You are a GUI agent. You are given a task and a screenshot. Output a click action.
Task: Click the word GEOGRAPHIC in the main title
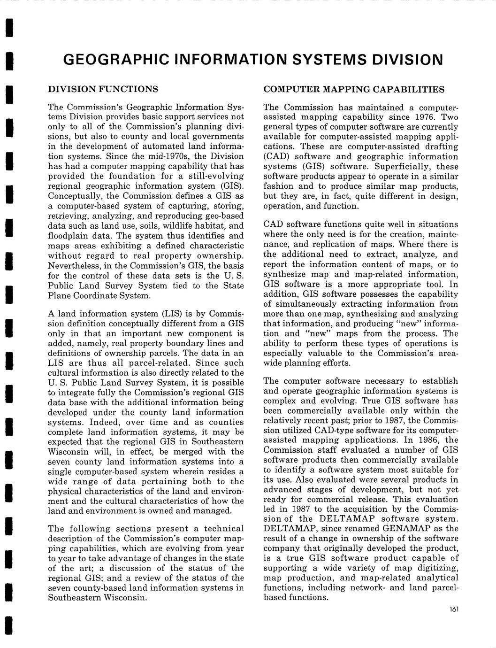pyautogui.click(x=115, y=60)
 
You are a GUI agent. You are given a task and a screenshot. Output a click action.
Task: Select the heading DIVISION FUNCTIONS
pyautogui.click(x=103, y=89)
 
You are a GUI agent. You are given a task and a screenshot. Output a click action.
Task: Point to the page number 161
pyautogui.click(x=453, y=609)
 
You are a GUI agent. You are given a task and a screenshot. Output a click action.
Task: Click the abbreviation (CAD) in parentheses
pyautogui.click(x=276, y=156)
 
